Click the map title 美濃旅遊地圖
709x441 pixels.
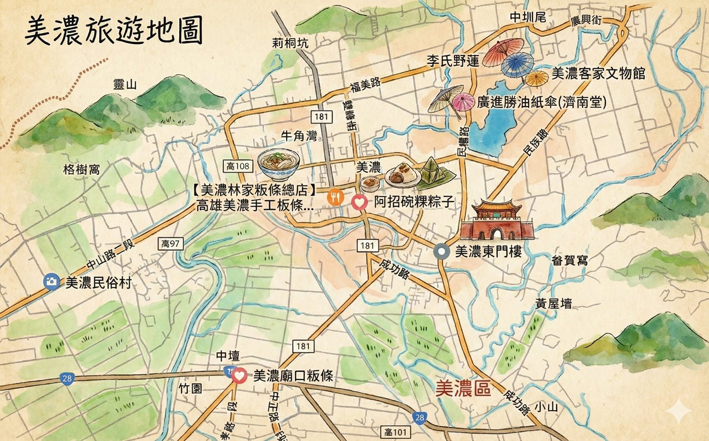pos(114,30)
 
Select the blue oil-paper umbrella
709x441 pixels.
pos(517,64)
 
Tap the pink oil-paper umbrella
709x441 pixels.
pos(462,101)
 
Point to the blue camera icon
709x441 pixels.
pos(51,282)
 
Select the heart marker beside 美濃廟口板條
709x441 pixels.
pos(240,375)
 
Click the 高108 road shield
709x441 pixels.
pos(238,166)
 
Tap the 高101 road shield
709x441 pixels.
pos(395,432)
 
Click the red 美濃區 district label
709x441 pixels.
pos(463,389)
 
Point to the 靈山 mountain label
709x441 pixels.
pos(125,85)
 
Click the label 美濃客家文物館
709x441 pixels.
pos(598,74)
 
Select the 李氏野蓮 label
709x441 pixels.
pos(452,62)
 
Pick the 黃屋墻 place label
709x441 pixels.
pos(554,303)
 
